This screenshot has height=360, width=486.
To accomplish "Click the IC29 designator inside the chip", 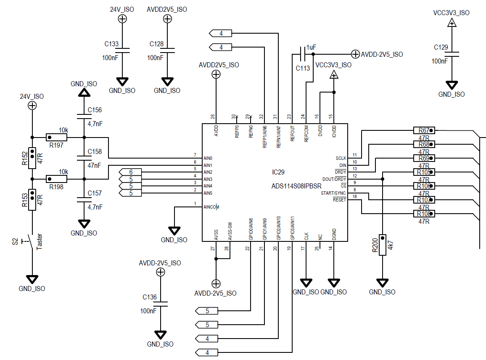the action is pyautogui.click(x=278, y=172).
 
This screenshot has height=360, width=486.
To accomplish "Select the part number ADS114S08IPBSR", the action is pyautogui.click(x=296, y=186).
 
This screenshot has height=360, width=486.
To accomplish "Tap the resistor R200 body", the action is pyautogui.click(x=383, y=245).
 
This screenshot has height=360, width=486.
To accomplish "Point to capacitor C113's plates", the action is pyautogui.click(x=303, y=54).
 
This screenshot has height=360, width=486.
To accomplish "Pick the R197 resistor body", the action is pyautogui.click(x=56, y=137).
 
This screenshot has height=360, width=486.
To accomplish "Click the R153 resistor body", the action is pyautogui.click(x=32, y=200).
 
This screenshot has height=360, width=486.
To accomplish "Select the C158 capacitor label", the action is pyautogui.click(x=95, y=152).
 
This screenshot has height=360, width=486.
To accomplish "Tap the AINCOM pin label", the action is pyautogui.click(x=211, y=207).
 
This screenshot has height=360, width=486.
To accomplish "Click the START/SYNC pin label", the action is pyautogui.click(x=333, y=193).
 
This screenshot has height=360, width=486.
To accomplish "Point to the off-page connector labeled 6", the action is pyautogui.click(x=130, y=172).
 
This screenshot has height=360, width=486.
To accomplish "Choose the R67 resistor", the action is pyautogui.click(x=424, y=130).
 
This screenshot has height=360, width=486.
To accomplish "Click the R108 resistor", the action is pyautogui.click(x=424, y=214).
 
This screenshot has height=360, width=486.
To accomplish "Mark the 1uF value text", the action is pyautogui.click(x=311, y=47).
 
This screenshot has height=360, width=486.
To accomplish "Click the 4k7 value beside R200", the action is pyautogui.click(x=390, y=245).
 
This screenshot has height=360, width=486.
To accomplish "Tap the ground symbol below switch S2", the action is pyautogui.click(x=32, y=279).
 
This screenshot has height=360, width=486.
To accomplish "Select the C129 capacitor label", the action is pyautogui.click(x=441, y=47).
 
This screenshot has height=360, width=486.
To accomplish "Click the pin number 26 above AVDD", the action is pyautogui.click(x=213, y=116).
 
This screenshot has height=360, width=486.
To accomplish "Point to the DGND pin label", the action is pyautogui.click(x=334, y=234).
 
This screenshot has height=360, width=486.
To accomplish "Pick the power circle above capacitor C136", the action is pyautogui.click(x=160, y=272).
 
